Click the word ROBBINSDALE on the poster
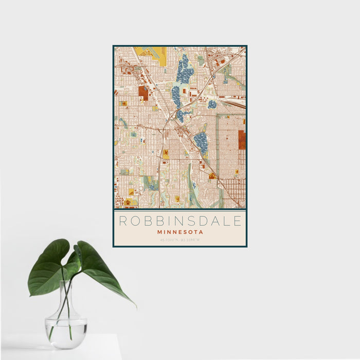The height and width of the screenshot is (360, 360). (180, 221)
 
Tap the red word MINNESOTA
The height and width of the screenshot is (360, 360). (180, 232)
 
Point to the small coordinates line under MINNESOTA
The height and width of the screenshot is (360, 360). (180, 239)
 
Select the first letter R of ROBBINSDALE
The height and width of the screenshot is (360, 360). (122, 221)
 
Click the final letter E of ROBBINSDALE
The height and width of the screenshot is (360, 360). (238, 221)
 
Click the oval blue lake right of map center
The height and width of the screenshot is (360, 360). (201, 142)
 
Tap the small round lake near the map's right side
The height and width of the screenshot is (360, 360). (212, 104)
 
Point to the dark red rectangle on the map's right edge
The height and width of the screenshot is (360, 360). (242, 139)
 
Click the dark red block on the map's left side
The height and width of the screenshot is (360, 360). (143, 93)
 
